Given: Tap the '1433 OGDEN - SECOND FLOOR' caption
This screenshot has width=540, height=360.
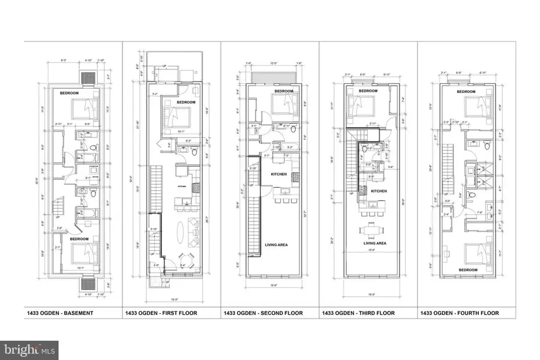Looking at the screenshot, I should click(263, 313).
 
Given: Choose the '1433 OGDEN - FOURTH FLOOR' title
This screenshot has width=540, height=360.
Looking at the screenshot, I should click(460, 313).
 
